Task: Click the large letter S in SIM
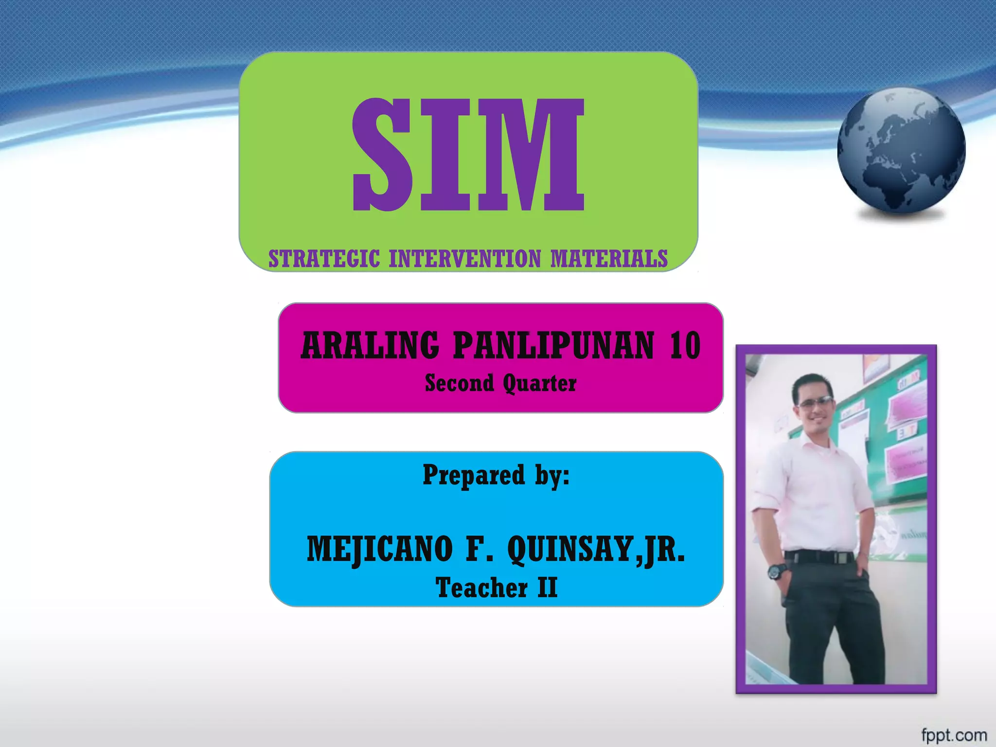[383, 155]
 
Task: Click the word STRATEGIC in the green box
[324, 259]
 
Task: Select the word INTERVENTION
[465, 259]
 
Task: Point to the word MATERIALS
[609, 259]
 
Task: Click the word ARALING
[370, 345]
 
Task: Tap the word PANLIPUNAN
[553, 345]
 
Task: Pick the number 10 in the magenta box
[685, 345]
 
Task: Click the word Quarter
[540, 383]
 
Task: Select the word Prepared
[474, 475]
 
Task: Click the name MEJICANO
[379, 550]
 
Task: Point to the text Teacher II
[496, 587]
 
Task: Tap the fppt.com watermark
[954, 735]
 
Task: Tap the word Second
[459, 383]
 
